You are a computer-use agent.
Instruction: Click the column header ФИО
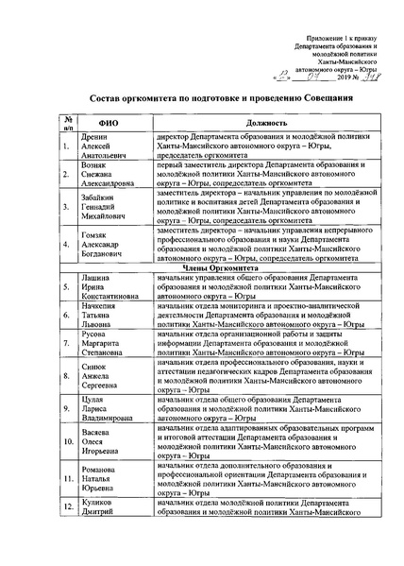pyautogui.click(x=99, y=124)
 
